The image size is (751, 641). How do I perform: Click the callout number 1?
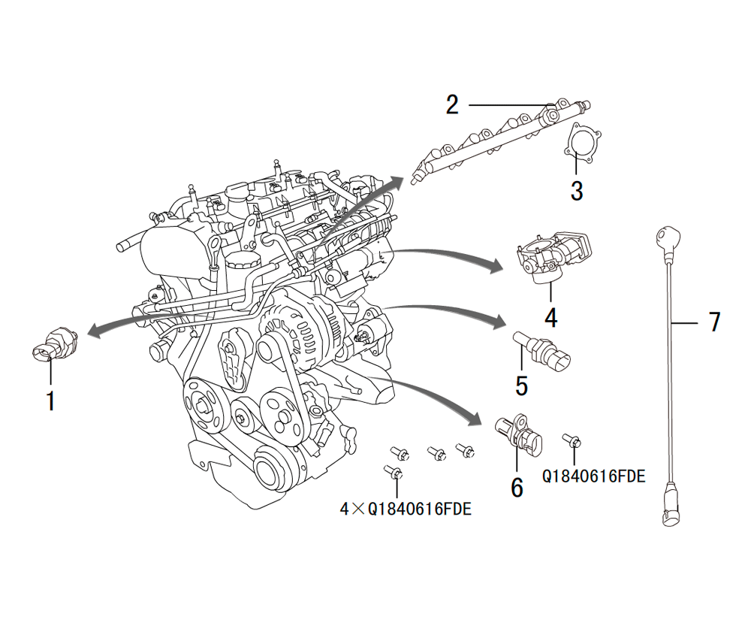[50, 401]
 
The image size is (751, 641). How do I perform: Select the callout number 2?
[451, 104]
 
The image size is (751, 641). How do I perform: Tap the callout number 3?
[576, 191]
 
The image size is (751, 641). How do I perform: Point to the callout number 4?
[550, 318]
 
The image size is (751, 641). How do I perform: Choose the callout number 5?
[521, 386]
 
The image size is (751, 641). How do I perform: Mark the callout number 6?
[517, 487]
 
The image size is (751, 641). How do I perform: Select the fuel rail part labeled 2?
[496, 139]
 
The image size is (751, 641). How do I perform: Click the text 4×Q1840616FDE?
[406, 509]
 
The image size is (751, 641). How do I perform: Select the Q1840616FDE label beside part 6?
[593, 476]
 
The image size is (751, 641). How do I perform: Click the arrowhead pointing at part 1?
[92, 331]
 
